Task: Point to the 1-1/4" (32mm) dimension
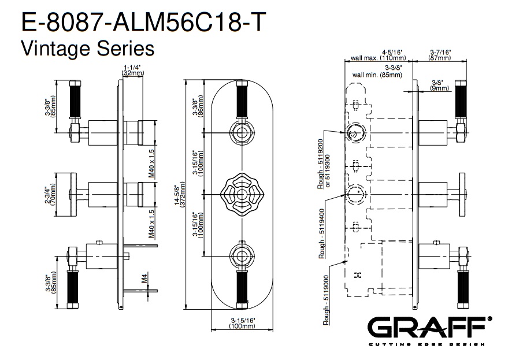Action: pos(133,71)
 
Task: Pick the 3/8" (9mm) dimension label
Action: pos(440,85)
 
